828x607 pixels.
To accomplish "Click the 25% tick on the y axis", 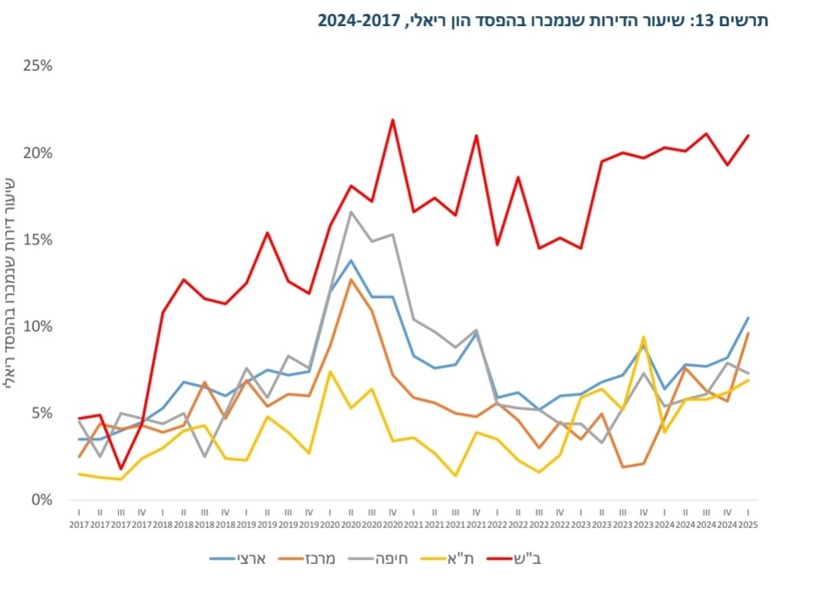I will pyautogui.click(x=38, y=66).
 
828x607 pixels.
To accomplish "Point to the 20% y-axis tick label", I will pyautogui.click(x=38, y=153).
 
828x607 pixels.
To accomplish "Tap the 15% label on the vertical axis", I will pyautogui.click(x=38, y=239).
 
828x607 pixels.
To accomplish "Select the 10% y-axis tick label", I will pyautogui.click(x=38, y=326).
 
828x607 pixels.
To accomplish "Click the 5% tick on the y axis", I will pyautogui.click(x=41, y=413).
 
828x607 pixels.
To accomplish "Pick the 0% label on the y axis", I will pyautogui.click(x=41, y=500).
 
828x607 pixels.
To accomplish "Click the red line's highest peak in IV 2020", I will pyautogui.click(x=393, y=120).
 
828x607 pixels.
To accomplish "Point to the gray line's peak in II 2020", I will pyautogui.click(x=350, y=212).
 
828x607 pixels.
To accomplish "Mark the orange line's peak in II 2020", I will pyautogui.click(x=350, y=279).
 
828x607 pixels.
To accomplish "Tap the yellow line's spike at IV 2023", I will pyautogui.click(x=643, y=336).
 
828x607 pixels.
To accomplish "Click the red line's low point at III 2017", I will pyautogui.click(x=120, y=468).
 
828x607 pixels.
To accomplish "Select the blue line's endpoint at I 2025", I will pyautogui.click(x=747, y=317).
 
